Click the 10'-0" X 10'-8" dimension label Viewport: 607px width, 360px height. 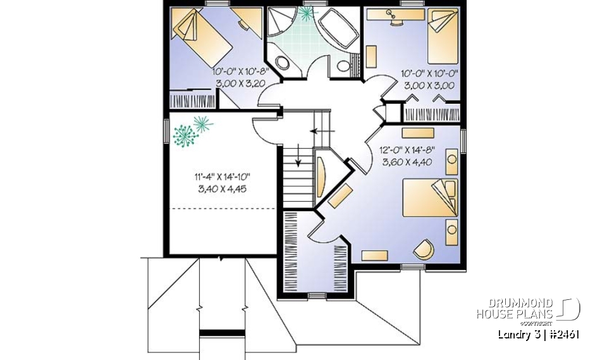tap(240, 73)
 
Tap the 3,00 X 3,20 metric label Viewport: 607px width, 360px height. tap(240, 84)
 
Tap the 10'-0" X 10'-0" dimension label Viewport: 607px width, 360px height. tap(429, 73)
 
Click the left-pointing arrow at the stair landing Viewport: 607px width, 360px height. tap(318, 132)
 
